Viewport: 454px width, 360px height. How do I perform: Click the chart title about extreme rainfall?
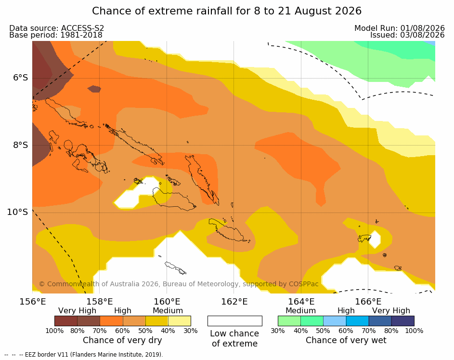coord(227,11)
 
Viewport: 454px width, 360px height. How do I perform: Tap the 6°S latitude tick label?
coord(20,78)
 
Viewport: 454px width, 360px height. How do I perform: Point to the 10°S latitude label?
coord(18,212)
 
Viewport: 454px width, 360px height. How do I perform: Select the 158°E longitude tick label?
coord(100,302)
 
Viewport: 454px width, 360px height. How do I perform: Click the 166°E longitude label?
coord(368,302)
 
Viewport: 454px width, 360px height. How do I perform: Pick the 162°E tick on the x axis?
coord(234,302)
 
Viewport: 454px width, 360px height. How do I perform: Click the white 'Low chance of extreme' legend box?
coord(235,321)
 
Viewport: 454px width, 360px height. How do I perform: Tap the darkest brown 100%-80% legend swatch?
coord(66,321)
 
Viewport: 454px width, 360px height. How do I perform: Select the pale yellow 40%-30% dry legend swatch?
coord(180,321)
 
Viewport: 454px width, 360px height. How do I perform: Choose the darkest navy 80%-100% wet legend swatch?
coord(403,321)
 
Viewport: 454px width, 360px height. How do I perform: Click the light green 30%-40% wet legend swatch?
coord(289,321)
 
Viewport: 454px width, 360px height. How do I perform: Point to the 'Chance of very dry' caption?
coord(122,340)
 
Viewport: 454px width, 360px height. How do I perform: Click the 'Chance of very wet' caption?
coord(346,340)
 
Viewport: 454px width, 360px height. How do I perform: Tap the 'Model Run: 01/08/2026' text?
coord(400,28)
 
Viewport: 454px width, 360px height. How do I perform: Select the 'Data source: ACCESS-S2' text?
coord(56,28)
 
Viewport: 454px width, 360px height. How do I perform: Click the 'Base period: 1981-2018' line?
coord(56,35)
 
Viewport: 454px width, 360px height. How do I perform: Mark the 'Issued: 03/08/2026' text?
coord(407,35)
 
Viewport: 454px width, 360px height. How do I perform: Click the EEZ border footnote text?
coord(84,355)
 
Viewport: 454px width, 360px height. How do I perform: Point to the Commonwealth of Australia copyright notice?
coord(179,284)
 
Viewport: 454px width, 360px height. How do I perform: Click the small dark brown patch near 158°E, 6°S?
coord(94,89)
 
